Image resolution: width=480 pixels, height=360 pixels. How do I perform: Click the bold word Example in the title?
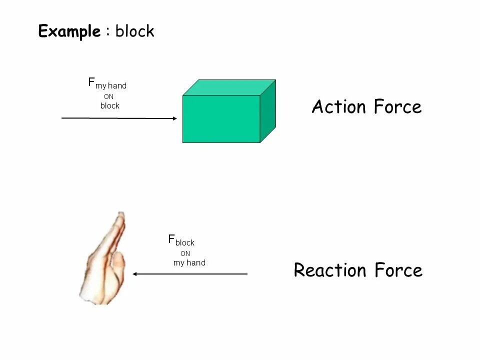coord(69,32)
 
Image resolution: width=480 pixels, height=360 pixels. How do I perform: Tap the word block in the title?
coord(135,32)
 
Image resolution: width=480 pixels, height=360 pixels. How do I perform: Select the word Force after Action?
coord(398,107)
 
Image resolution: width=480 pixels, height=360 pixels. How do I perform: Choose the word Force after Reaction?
coord(398,270)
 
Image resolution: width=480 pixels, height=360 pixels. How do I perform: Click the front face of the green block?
coord(221,119)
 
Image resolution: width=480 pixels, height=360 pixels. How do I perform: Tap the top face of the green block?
coord(229,87)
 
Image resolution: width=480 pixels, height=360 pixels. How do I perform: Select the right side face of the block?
coord(268,111)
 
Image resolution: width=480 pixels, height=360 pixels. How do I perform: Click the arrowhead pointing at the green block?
coord(174,118)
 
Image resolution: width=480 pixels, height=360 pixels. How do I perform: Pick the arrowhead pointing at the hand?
coord(135,274)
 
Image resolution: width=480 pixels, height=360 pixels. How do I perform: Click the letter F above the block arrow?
coord(91,82)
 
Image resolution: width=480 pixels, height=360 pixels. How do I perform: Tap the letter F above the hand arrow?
coord(171,239)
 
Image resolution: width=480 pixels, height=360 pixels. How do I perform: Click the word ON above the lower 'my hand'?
coord(185,253)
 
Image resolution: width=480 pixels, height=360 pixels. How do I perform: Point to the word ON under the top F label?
coord(108,96)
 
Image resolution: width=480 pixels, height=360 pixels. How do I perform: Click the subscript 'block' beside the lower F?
coord(184,243)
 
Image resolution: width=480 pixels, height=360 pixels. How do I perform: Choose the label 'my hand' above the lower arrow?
coord(189,263)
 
